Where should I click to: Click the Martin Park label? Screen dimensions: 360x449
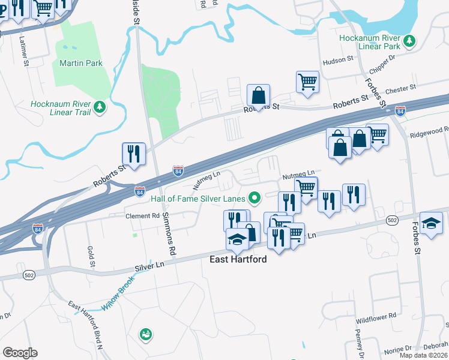tap(80, 63)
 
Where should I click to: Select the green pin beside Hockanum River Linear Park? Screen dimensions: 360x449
tap(410, 40)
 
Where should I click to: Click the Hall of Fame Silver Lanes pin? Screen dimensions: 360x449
tap(254, 197)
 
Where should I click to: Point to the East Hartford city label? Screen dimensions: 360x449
tap(238, 260)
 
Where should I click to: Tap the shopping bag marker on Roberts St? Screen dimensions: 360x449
tap(258, 95)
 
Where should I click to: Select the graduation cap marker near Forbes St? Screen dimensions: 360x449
tap(431, 223)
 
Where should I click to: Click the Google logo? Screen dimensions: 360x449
tap(20, 353)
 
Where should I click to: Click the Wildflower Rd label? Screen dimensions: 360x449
tap(376, 315)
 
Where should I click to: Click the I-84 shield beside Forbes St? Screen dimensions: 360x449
tap(400, 111)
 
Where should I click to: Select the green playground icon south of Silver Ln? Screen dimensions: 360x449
tap(145, 334)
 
